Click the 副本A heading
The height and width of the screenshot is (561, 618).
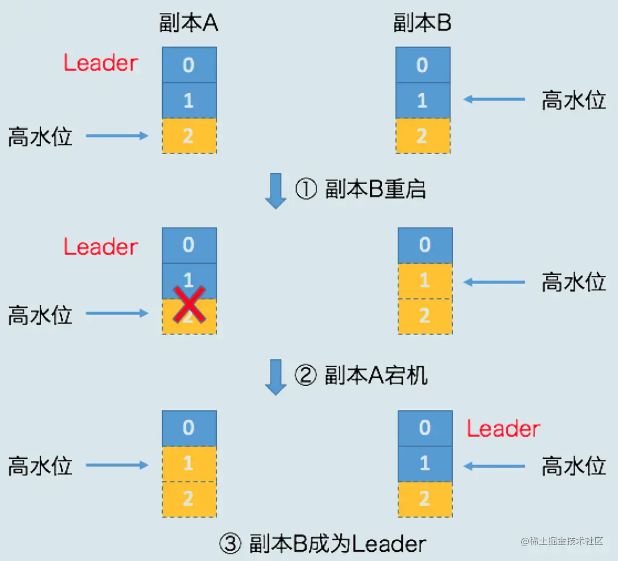click(x=188, y=23)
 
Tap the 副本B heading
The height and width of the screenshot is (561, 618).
click(x=422, y=23)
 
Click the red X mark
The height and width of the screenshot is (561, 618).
click(x=189, y=304)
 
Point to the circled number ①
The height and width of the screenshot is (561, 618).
click(x=305, y=189)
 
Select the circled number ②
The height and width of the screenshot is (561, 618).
click(x=305, y=375)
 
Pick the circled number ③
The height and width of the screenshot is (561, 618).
click(x=230, y=543)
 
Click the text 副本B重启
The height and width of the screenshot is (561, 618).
click(x=375, y=189)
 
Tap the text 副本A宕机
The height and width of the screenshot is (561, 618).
click(x=376, y=375)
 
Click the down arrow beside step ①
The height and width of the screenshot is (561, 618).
click(x=276, y=191)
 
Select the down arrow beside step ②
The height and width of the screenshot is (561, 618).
click(x=276, y=377)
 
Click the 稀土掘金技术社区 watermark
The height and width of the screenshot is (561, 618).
click(x=562, y=541)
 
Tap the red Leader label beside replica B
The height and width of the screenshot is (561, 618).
click(x=503, y=429)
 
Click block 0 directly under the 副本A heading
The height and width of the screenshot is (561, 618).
click(x=189, y=65)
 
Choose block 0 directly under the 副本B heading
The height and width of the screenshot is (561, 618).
click(x=423, y=65)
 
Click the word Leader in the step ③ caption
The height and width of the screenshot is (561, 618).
click(x=389, y=543)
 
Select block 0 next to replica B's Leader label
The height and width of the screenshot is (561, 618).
click(x=425, y=428)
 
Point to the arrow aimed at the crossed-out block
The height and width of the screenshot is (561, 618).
click(x=117, y=313)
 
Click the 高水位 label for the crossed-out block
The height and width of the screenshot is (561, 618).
click(x=40, y=315)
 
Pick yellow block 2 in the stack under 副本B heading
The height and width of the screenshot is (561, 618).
click(x=423, y=136)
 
